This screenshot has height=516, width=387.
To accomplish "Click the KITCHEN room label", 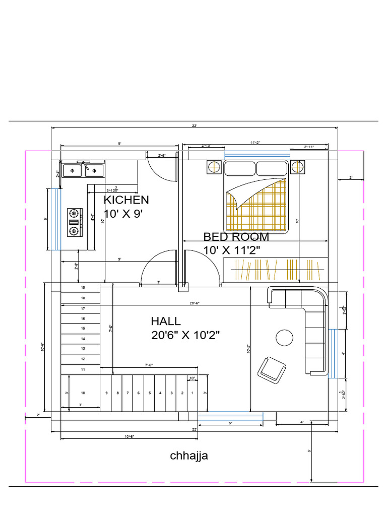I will [126, 200].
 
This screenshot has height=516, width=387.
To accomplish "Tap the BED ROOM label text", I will [236, 237].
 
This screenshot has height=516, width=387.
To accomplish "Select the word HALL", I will [166, 321].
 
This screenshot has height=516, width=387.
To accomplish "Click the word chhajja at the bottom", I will [189, 456].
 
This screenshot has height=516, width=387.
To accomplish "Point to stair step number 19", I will [83, 287].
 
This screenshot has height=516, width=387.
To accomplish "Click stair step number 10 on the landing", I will [83, 393].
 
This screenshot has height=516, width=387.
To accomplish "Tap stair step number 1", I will [192, 393].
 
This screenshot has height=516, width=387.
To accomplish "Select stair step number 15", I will [83, 328].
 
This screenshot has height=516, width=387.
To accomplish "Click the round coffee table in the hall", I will [284, 338].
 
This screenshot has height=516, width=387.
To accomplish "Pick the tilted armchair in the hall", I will [273, 369].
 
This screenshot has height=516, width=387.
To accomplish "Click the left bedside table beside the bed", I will [214, 166].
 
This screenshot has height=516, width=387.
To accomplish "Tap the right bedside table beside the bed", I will [298, 166].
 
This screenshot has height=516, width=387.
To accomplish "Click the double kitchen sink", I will [83, 171].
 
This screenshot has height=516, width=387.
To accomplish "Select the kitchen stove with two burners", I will [74, 222].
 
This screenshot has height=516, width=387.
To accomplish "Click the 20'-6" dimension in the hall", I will [195, 303].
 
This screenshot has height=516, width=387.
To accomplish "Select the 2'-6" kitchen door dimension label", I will [162, 155].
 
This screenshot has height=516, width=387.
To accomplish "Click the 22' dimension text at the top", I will [195, 126].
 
